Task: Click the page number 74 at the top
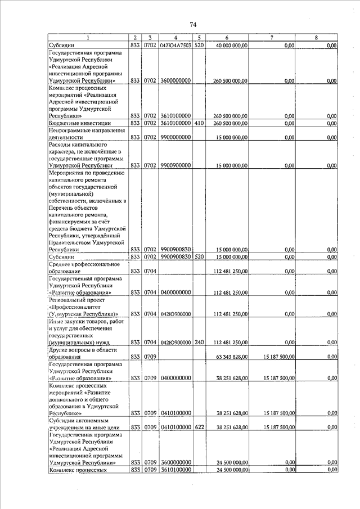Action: pyautogui.click(x=193, y=24)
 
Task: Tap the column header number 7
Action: pyautogui.click(x=272, y=37)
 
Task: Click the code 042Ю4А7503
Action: pyautogui.click(x=175, y=45)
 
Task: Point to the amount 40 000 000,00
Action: pyautogui.click(x=232, y=45)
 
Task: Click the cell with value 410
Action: pyautogui.click(x=199, y=123)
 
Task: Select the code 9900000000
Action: pyautogui.click(x=175, y=137)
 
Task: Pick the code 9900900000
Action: pyautogui.click(x=175, y=166)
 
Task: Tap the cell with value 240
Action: pyautogui.click(x=199, y=343)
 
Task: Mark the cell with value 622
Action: pyautogui.click(x=199, y=427)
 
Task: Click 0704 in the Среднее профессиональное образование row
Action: pyautogui.click(x=150, y=271)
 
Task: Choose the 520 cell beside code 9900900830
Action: pyautogui.click(x=199, y=257)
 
